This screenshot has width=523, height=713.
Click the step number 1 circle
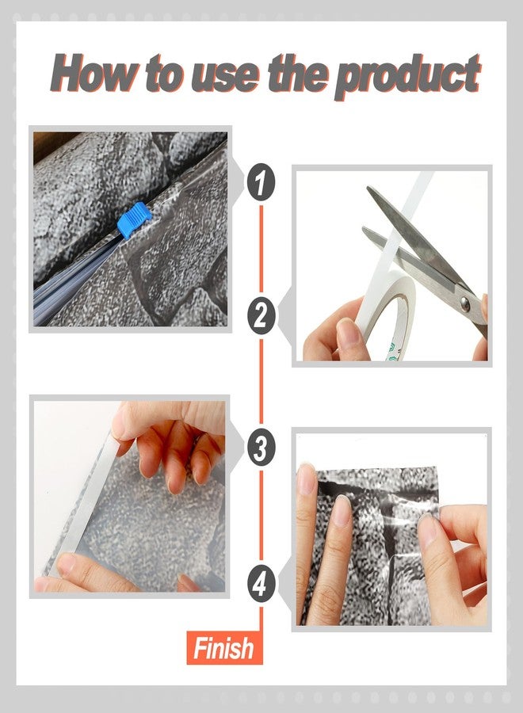click(x=261, y=182)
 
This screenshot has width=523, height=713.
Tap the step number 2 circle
click(x=261, y=315)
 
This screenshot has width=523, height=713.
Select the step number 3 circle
click(x=261, y=447)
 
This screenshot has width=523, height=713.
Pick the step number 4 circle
click(x=261, y=582)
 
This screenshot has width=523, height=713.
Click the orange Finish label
click(x=225, y=647)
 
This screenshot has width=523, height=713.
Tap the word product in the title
click(x=407, y=78)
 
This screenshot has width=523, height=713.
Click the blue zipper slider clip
click(x=133, y=220)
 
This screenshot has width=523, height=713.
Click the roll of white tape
click(x=387, y=314)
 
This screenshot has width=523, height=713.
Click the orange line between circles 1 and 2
click(x=261, y=249)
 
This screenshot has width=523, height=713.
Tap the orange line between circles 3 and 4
click(x=261, y=515)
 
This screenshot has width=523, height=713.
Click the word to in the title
click(x=166, y=74)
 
